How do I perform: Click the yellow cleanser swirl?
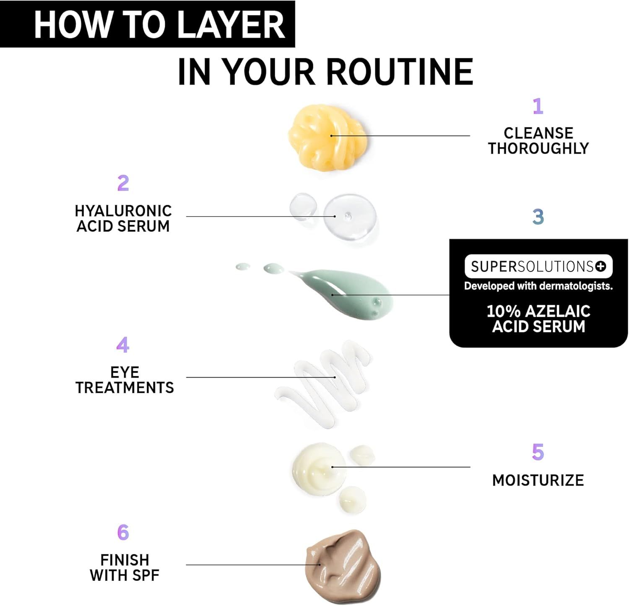(x=328, y=137)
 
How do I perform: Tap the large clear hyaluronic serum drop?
(x=350, y=217)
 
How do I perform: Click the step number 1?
(x=538, y=106)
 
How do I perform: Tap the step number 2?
(x=123, y=183)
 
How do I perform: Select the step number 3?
(x=538, y=217)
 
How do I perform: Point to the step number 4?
(x=122, y=345)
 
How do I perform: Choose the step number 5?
(x=538, y=452)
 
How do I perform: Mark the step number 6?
(x=123, y=532)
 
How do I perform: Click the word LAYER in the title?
(x=231, y=25)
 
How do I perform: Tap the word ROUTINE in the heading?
(x=400, y=72)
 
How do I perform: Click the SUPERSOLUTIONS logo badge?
(x=538, y=266)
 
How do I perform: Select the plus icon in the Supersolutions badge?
(x=601, y=266)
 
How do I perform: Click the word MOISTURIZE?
(x=538, y=480)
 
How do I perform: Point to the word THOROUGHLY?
(x=538, y=148)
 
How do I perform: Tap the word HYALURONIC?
(x=123, y=211)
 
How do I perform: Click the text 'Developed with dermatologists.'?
(x=538, y=286)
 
